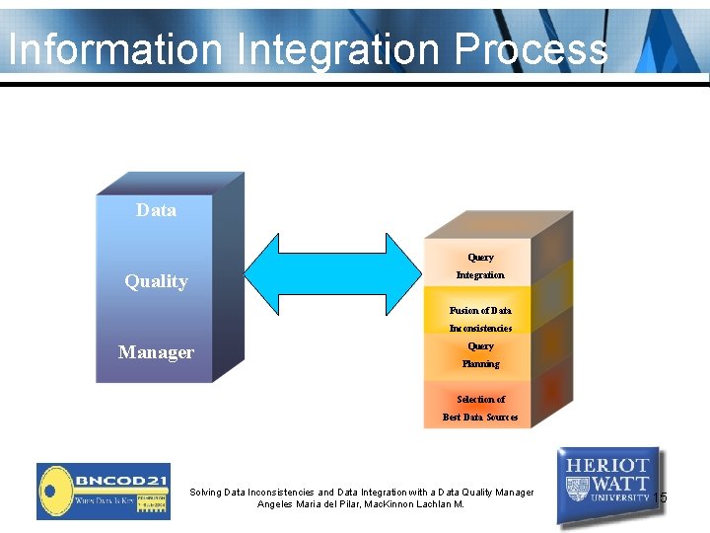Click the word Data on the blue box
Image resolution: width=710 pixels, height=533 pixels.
click(156, 210)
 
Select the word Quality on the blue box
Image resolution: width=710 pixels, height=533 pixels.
click(156, 281)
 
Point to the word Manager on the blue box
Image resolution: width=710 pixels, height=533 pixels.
click(156, 352)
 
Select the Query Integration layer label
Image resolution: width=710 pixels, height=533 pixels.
click(480, 266)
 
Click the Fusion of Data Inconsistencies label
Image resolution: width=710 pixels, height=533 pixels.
click(480, 319)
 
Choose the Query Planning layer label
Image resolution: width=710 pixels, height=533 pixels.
click(480, 355)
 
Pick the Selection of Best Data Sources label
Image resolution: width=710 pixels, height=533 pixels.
click(480, 408)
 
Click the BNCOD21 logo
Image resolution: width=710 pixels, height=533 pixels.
click(104, 491)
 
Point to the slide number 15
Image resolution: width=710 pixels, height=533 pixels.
click(660, 497)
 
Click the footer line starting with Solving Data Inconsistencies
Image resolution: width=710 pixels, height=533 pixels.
click(361, 492)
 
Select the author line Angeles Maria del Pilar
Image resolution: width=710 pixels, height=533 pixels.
click(361, 504)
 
